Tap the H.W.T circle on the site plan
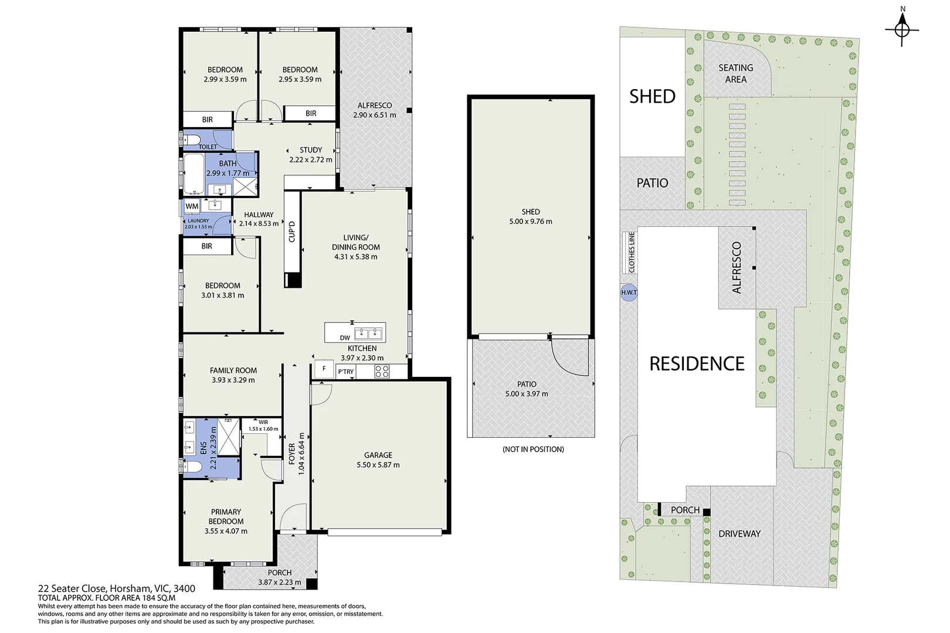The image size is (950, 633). point(629,292)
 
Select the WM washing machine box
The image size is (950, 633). point(192,206)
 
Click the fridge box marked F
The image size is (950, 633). point(324,369)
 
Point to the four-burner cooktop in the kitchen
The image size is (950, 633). point(382,372)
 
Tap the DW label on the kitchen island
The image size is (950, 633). point(345,338)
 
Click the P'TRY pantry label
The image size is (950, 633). point(345,372)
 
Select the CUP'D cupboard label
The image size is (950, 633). point(292,232)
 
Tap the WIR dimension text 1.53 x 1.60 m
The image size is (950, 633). point(263,428)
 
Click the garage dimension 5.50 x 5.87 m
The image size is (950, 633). point(378,465)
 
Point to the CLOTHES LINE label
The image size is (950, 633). point(632,252)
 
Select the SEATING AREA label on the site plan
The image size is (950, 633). point(736,73)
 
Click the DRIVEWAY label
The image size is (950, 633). point(739,534)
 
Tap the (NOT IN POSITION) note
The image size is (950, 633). point(533,449)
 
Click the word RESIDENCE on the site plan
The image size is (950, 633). point(697,364)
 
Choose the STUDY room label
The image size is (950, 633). point(311,149)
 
